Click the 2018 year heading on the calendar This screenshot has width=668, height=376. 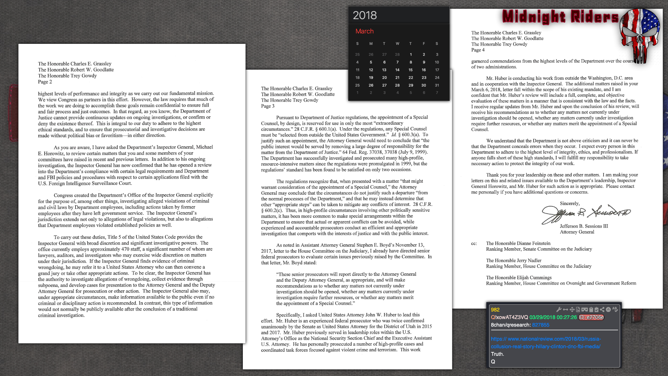[365, 15]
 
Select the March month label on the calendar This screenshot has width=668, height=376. [364, 31]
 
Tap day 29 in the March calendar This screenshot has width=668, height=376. [411, 85]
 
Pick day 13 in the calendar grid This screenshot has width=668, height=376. [384, 70]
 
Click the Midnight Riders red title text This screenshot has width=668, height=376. [560, 17]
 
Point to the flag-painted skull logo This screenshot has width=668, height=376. [640, 35]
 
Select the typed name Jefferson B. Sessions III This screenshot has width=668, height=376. [584, 226]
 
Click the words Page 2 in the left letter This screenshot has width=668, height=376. [45, 82]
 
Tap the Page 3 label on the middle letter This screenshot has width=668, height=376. [268, 106]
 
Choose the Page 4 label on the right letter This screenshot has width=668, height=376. [478, 50]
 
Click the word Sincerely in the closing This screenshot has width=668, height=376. [570, 204]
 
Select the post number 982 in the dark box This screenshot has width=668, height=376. [495, 310]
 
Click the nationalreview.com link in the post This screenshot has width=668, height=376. [546, 343]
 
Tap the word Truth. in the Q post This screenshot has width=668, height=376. [497, 354]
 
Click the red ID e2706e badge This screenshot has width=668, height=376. [591, 318]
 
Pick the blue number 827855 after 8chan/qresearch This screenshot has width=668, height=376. [541, 325]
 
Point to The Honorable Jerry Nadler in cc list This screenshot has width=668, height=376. [514, 260]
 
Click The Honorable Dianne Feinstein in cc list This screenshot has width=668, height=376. [518, 243]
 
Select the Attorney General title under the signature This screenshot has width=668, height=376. [577, 232]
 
